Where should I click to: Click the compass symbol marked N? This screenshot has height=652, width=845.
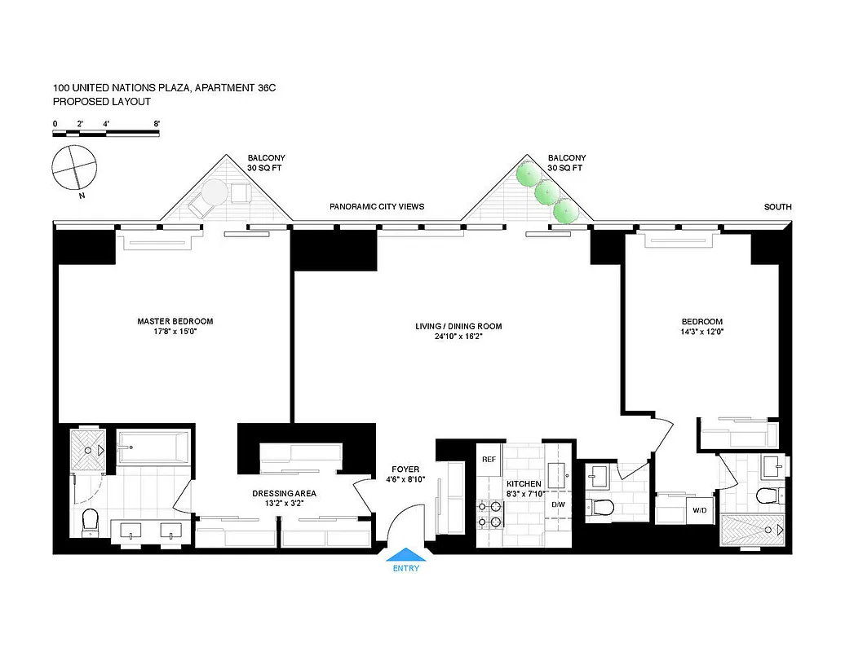(75, 170)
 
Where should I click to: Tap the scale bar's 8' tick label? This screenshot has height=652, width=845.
(157, 124)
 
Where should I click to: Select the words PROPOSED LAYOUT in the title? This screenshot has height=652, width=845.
(102, 102)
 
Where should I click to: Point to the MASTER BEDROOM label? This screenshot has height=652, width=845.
(175, 321)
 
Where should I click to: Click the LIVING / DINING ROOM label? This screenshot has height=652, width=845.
(458, 326)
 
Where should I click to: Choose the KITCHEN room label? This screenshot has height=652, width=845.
(523, 484)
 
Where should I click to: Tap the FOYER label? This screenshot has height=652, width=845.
(405, 469)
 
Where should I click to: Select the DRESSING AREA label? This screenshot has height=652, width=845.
(284, 493)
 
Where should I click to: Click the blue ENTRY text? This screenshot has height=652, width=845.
(405, 568)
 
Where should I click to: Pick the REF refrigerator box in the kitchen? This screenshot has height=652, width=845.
(489, 460)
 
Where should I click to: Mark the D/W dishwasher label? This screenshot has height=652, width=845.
(559, 504)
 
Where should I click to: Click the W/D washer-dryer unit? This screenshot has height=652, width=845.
(700, 511)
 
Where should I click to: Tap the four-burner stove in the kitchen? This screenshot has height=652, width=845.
(489, 515)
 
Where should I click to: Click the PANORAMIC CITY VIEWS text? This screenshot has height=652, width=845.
(377, 207)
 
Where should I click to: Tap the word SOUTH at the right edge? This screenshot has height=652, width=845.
(777, 207)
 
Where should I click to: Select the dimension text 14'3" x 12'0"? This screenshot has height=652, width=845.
(702, 332)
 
